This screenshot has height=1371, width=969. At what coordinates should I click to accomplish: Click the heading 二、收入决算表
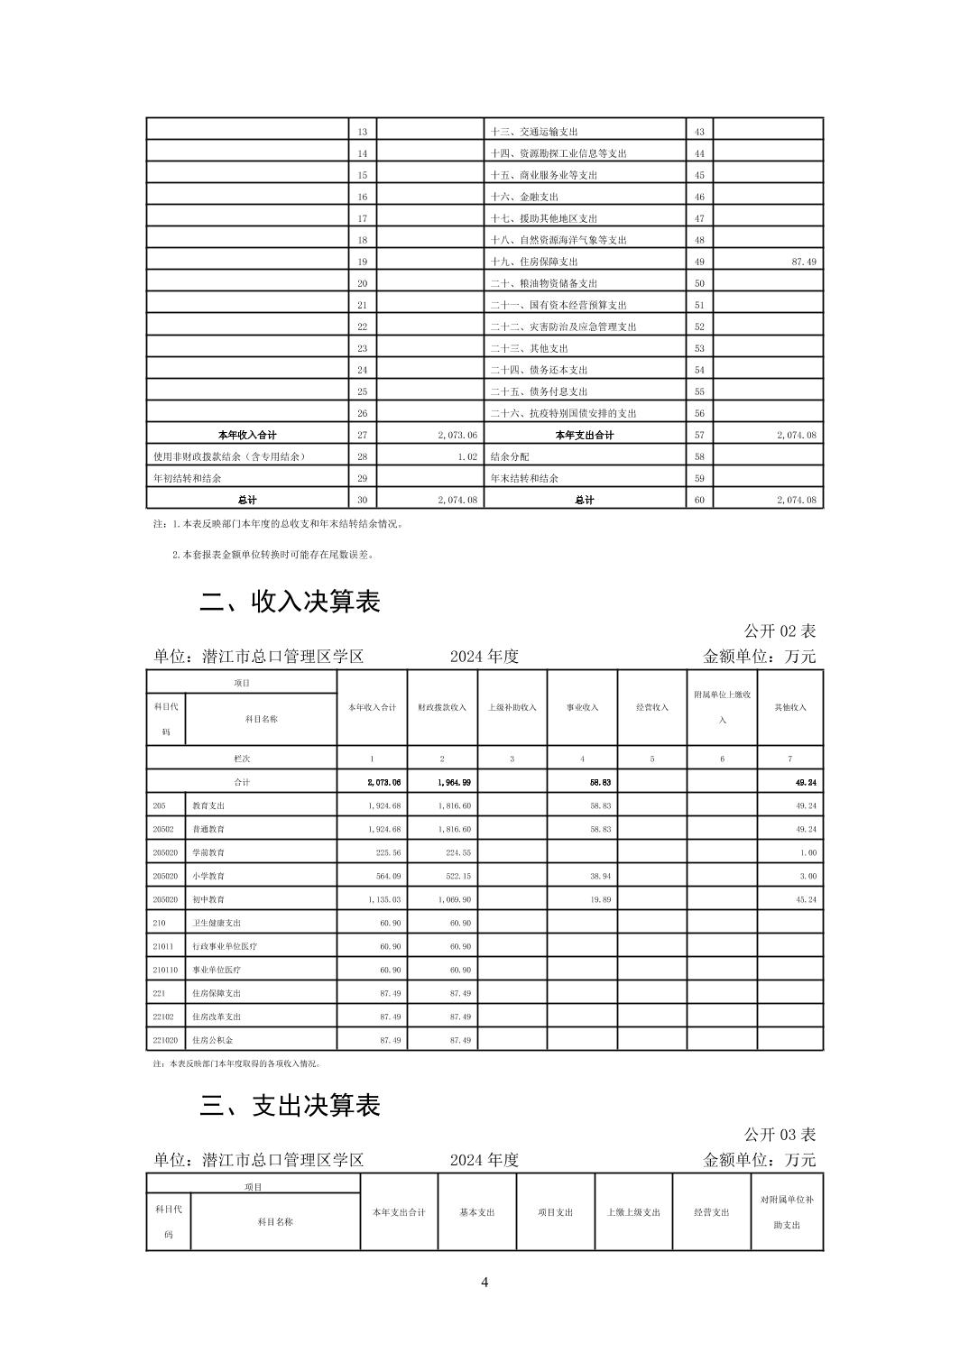point(290,603)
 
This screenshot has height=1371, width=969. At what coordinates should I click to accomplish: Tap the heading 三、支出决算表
point(290,1106)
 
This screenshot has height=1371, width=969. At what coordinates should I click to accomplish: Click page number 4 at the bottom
point(484,1283)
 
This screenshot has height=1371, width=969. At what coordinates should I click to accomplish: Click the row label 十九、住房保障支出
point(534,262)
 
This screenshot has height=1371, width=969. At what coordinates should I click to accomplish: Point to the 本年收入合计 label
point(247,435)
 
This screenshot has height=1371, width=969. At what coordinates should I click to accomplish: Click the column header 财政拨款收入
point(441,708)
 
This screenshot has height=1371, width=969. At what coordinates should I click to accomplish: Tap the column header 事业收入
point(582,708)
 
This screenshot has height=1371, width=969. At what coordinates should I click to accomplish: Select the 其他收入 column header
point(790,708)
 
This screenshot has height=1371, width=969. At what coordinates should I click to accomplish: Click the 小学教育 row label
point(208,876)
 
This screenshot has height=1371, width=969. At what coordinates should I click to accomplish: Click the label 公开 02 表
point(780,631)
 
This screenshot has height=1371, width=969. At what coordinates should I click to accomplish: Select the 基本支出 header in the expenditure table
point(477,1212)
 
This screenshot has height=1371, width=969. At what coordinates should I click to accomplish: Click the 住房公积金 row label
point(212,1040)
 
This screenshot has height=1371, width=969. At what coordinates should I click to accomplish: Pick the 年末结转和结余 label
point(524,478)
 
